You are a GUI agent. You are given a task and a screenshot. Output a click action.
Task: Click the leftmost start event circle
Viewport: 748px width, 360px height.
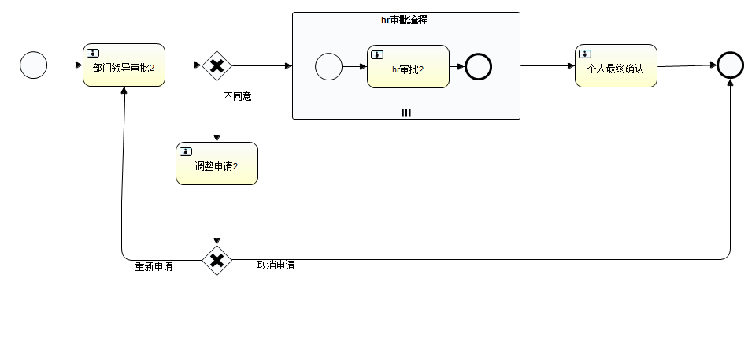coord(34,65)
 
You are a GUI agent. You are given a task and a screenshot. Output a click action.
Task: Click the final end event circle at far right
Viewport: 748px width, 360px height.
coord(730,65)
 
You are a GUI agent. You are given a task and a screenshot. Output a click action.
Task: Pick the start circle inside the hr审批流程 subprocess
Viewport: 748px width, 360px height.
coord(328,67)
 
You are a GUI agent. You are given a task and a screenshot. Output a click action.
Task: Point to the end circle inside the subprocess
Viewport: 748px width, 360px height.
coord(478,67)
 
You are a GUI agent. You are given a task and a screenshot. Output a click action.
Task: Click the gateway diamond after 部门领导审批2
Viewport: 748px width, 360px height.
coord(217,65)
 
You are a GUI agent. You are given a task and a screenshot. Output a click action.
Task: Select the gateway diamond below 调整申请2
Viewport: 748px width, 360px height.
coord(217,260)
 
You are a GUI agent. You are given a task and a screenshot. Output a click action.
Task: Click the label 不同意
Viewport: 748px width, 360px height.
coord(238,97)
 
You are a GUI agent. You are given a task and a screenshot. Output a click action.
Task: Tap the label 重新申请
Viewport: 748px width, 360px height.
coord(154,267)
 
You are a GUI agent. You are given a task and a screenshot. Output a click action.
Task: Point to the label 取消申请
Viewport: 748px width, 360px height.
coord(276,265)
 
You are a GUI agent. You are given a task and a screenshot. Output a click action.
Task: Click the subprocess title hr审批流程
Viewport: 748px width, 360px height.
coord(404,20)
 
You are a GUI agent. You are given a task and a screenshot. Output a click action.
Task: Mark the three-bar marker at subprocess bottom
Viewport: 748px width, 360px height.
coord(406,113)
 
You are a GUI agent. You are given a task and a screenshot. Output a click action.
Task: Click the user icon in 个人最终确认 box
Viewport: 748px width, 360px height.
coord(585,54)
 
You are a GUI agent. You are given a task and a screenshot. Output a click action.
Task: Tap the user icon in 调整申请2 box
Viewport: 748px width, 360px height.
coord(185,151)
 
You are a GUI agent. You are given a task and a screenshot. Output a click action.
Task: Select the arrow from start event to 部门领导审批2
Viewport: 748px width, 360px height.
coord(65,65)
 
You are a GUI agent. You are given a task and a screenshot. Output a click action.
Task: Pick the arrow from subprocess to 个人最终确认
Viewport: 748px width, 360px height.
coord(547,65)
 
